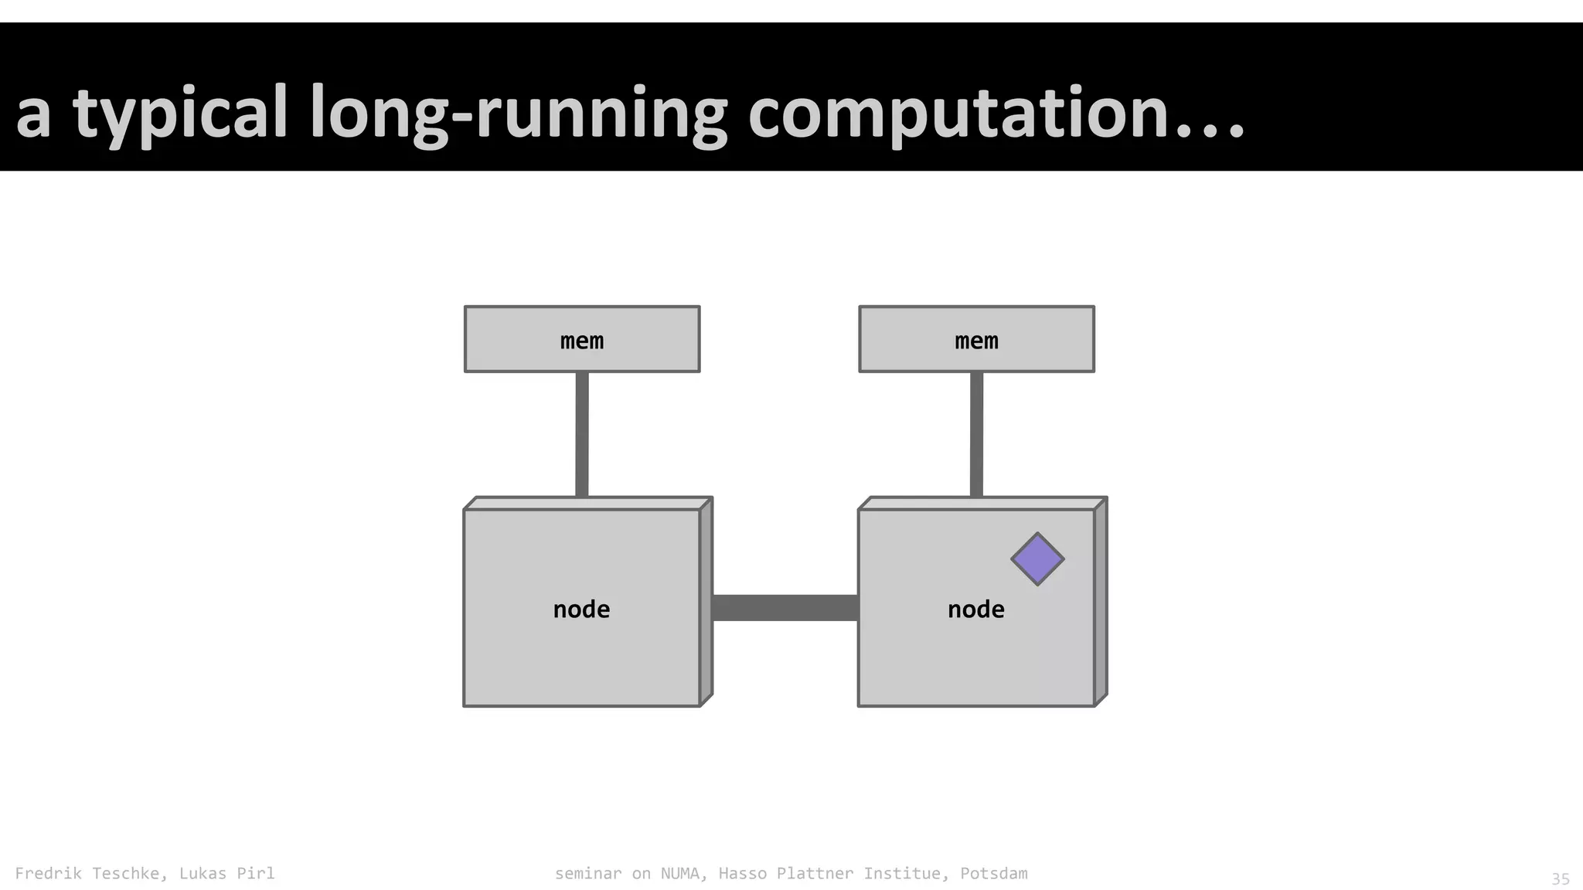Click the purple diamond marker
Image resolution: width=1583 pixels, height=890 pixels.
click(1037, 559)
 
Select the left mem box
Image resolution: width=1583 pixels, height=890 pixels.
click(582, 339)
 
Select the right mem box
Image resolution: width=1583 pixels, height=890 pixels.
click(976, 339)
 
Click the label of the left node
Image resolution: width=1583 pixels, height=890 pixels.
click(581, 610)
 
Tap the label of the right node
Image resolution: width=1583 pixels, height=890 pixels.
click(975, 610)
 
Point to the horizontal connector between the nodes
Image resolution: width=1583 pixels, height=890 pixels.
click(785, 608)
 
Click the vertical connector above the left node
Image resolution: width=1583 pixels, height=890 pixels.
click(582, 434)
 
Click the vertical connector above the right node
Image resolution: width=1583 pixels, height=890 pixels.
click(976, 434)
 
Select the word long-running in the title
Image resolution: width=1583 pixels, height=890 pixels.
click(518, 114)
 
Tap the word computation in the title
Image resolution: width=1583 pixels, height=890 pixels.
click(958, 114)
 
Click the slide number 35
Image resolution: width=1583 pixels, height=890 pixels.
click(1561, 879)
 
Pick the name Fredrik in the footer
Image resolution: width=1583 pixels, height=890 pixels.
click(48, 874)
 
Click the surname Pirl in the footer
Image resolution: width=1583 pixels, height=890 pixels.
click(255, 874)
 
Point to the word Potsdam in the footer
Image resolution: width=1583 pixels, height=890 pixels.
click(994, 874)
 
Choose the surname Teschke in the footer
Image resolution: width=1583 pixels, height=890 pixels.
click(129, 874)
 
